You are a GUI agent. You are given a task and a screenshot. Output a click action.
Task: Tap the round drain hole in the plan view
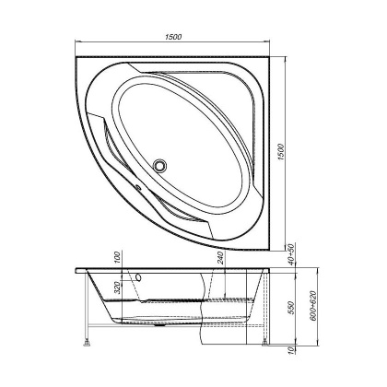click(x=164, y=166)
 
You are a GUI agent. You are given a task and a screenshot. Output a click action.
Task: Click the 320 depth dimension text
click(x=118, y=287)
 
